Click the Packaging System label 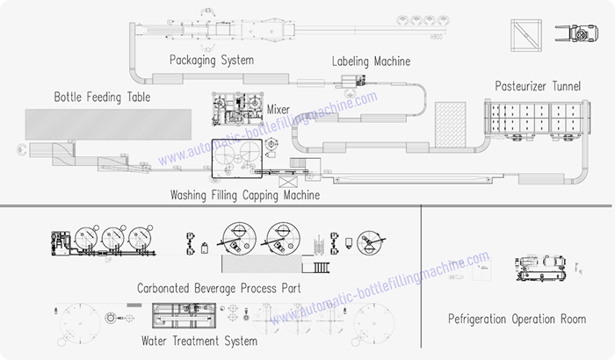pos(212,61)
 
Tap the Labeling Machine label pos(371,61)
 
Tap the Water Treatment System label pos(199,340)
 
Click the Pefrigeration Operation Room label pos(517,319)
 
